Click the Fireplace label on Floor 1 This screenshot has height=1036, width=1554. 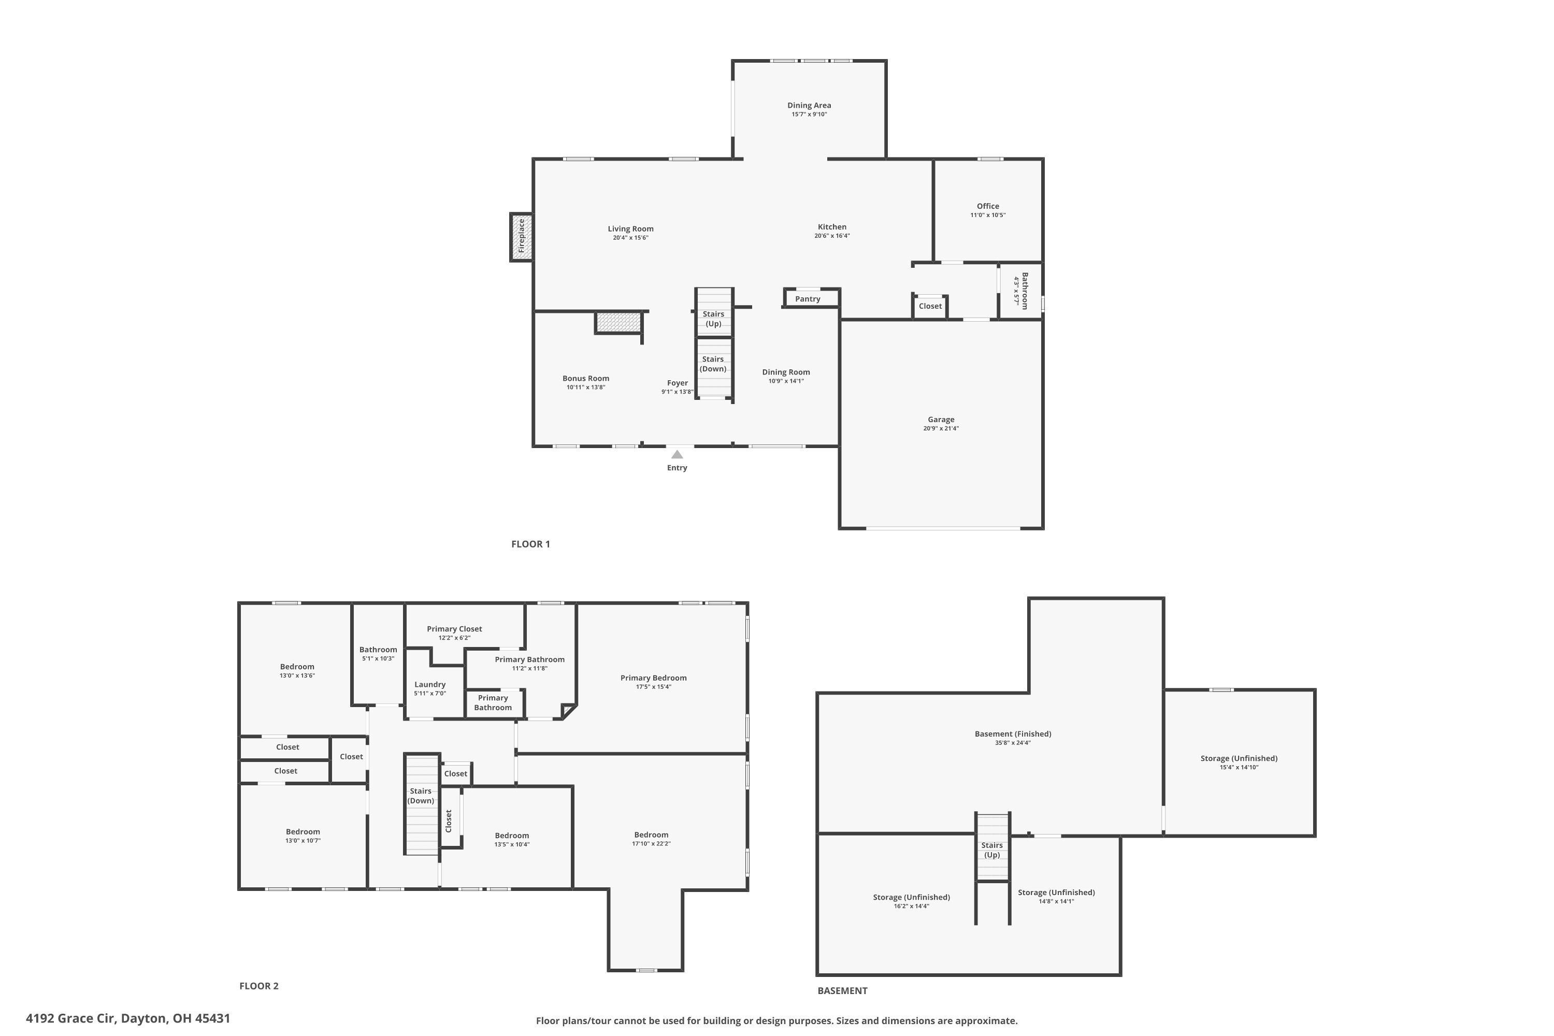coord(521,236)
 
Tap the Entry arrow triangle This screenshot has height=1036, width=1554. coord(677,455)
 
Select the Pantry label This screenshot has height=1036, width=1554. coord(808,299)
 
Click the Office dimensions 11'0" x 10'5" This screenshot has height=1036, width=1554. coord(988,215)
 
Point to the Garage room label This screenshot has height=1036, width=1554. coord(941,420)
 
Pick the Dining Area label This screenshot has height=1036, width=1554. coord(809,106)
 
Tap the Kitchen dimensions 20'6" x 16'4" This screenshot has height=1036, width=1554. coord(832,236)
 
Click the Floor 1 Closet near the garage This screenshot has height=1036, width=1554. coord(930,307)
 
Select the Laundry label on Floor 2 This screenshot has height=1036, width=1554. coord(430,684)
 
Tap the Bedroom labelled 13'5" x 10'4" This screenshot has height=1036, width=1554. coord(512,836)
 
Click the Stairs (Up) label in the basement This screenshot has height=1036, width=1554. coord(992,850)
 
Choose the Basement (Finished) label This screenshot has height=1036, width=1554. coord(1013,734)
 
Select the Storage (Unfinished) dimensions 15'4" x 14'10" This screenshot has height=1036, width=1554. coord(1239,768)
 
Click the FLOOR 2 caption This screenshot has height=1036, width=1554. coord(259,986)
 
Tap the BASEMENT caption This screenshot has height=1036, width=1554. coord(842,990)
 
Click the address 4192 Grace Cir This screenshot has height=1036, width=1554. coord(128,1018)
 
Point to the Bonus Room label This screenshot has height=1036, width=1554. coord(586,379)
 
